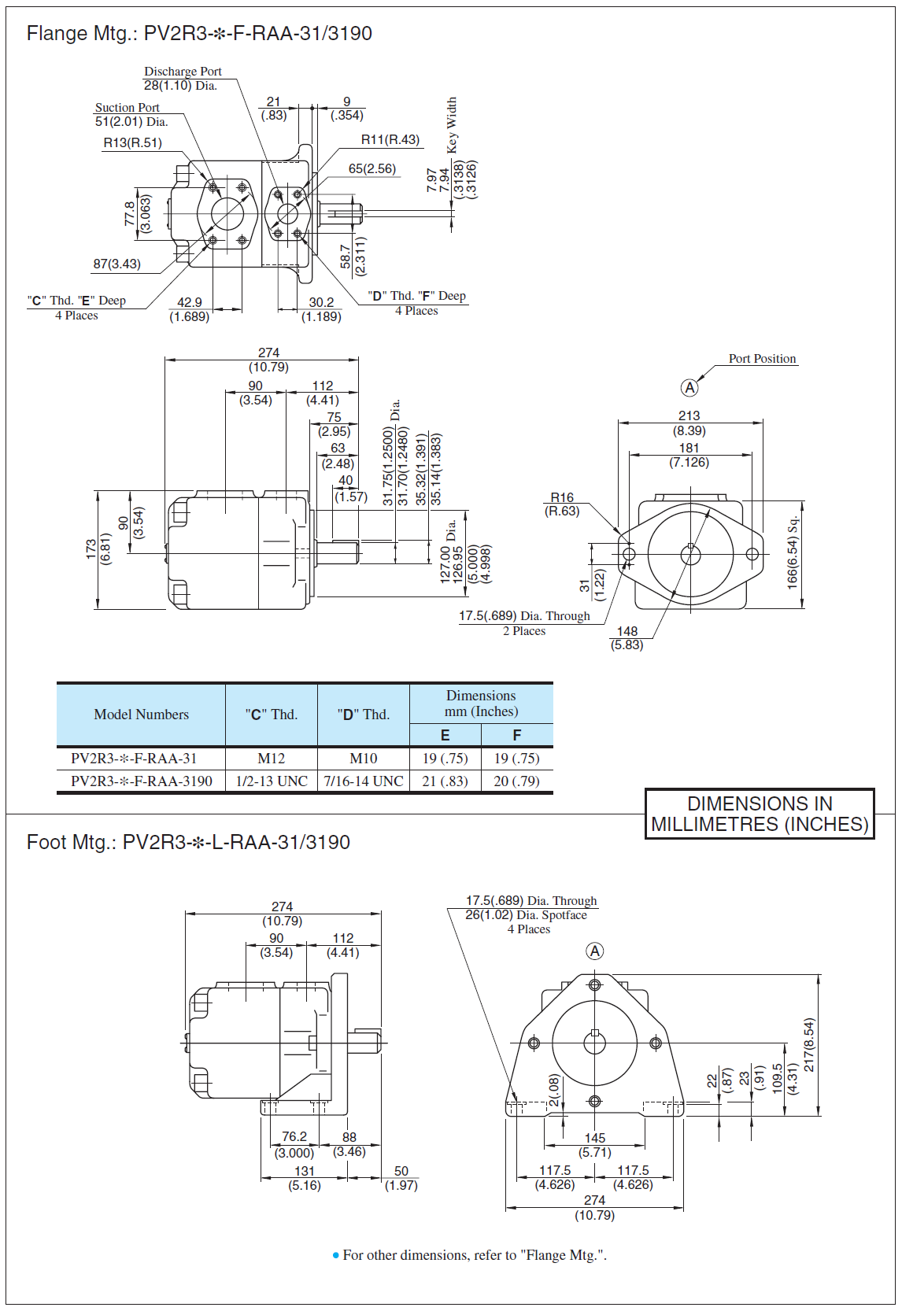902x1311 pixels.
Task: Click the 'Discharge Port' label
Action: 183,72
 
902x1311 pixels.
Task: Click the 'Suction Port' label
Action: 127,108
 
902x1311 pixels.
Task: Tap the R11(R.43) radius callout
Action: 390,139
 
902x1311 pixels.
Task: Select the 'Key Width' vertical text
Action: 452,125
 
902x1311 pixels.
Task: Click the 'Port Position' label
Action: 762,359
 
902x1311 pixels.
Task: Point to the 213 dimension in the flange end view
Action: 689,415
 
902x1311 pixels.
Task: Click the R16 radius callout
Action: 562,497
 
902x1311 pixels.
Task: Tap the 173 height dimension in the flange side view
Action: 91,549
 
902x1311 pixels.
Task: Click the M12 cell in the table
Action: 272,759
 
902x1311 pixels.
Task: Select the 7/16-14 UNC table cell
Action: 363,781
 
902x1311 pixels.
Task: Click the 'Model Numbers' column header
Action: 141,715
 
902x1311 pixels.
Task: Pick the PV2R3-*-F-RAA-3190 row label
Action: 142,781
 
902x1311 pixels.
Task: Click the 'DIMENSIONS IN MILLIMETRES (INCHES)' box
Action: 760,814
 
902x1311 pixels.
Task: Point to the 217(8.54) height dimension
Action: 808,1044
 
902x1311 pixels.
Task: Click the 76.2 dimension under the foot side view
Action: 294,1136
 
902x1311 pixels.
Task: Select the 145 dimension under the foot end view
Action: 595,1138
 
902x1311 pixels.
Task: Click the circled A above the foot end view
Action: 595,951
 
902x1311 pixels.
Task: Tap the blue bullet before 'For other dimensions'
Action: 336,1256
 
